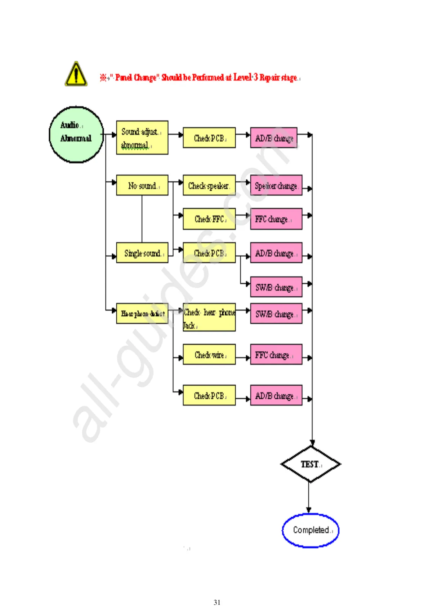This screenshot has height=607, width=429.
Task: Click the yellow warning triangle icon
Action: click(76, 74)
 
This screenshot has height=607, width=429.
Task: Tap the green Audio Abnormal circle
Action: click(76, 134)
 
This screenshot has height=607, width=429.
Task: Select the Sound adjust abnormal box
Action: click(142, 138)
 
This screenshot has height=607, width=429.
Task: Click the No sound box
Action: click(142, 185)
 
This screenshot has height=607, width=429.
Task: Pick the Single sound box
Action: click(142, 253)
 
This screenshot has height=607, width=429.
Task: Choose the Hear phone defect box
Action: click(142, 314)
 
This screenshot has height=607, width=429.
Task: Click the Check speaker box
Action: click(209, 185)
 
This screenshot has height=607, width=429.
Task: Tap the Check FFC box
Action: click(209, 219)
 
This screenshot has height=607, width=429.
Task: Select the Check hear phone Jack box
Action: click(209, 317)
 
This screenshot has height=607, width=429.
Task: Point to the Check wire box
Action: click(209, 355)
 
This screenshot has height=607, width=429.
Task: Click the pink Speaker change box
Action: click(276, 185)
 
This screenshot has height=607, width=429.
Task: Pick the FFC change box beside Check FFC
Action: click(276, 219)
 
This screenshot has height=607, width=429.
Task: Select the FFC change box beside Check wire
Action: click(276, 355)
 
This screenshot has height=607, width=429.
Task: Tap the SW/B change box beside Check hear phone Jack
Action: click(276, 314)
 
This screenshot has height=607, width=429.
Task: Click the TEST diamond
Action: click(310, 464)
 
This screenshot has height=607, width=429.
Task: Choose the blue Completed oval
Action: click(310, 530)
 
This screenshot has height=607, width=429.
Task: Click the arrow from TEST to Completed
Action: click(309, 497)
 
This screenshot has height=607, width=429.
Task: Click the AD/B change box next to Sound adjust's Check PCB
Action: click(274, 138)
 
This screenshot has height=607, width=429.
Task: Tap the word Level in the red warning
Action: click(242, 77)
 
